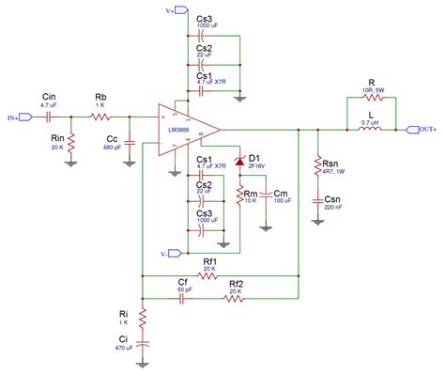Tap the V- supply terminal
tap(166, 252)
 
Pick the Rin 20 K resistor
tap(71, 142)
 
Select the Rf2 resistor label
tap(236, 284)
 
